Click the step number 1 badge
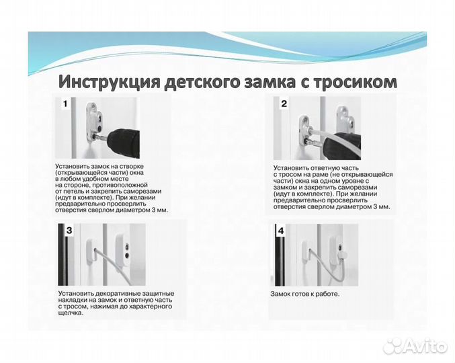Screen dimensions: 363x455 click(x=65, y=104)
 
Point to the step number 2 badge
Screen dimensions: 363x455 click(x=284, y=104)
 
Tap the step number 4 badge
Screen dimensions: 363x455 click(x=281, y=231)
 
